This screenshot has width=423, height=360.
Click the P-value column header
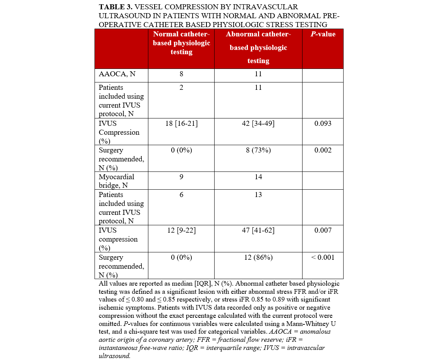click(x=323, y=34)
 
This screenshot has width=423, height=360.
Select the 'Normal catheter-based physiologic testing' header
click(x=181, y=43)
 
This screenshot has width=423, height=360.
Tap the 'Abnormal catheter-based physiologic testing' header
click(x=258, y=48)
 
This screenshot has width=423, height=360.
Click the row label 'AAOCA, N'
click(x=117, y=74)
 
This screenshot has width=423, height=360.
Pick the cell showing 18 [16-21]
click(x=181, y=123)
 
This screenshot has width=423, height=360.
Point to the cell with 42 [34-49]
click(x=258, y=123)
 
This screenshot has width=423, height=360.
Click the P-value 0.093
click(x=323, y=123)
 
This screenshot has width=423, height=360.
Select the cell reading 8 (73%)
click(x=258, y=150)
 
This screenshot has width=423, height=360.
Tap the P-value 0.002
click(x=323, y=150)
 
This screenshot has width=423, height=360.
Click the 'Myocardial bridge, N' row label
click(x=117, y=181)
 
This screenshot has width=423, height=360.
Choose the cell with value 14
click(x=258, y=177)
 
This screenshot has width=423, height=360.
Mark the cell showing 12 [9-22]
click(x=181, y=230)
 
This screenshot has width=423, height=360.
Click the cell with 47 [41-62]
click(x=258, y=230)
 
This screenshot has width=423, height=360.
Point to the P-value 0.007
click(x=323, y=230)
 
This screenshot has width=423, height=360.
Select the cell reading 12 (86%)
click(x=258, y=257)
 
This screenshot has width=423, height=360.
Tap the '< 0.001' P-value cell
click(x=323, y=257)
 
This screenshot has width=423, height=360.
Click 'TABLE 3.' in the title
click(x=117, y=7)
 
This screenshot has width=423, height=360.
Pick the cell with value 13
click(x=258, y=195)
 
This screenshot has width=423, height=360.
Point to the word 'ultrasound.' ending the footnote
click(x=115, y=355)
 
